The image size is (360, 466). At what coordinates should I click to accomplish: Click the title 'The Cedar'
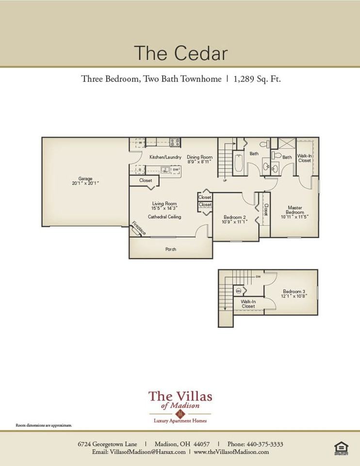(180, 53)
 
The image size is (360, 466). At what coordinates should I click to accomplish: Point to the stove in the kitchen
(175, 142)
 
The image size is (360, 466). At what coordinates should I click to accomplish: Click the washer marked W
(140, 143)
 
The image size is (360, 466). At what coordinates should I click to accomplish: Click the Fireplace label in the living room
(138, 228)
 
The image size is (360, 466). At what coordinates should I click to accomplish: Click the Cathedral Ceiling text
(164, 216)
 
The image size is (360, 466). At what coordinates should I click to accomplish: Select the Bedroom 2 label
(235, 217)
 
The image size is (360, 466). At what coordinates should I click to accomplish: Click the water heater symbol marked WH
(239, 290)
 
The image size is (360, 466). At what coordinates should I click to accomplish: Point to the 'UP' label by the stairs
(225, 181)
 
